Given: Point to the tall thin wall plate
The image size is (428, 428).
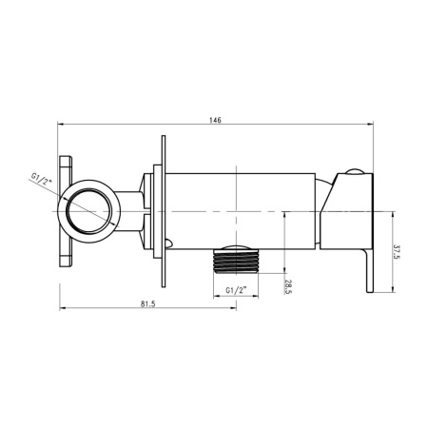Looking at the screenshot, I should click(x=165, y=210).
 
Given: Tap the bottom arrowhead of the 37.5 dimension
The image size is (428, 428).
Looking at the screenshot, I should click(x=387, y=291).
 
